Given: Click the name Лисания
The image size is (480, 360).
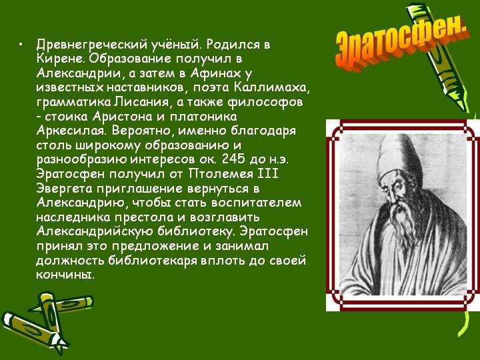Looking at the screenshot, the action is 141,102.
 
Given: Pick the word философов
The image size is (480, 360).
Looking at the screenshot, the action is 265,102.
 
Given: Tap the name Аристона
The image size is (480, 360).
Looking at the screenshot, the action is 123,117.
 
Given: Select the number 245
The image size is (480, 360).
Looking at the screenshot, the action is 233,159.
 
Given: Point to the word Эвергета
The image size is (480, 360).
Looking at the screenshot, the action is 64,189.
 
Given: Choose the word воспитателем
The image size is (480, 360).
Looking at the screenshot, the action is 256,203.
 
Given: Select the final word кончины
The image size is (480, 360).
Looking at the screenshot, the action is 64,274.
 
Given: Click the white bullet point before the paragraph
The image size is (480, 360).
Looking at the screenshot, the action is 20,45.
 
